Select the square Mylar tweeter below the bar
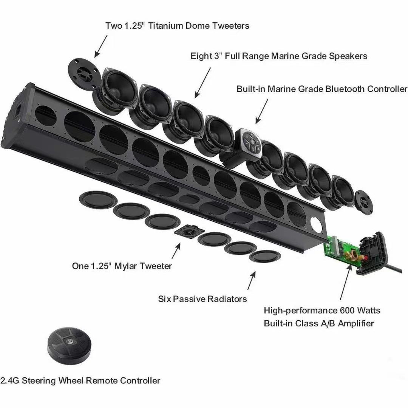tap(189, 231)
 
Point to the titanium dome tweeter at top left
tap(84, 74)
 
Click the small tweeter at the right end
tap(364, 202)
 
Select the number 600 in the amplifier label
tap(348, 311)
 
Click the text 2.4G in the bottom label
tap(9, 381)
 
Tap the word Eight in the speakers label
tap(201, 56)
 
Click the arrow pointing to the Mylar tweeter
tap(176, 251)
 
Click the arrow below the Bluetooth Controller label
tap(261, 111)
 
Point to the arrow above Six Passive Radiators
tap(252, 280)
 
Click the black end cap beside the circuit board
tap(372, 253)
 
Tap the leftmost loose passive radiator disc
tap(98, 199)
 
